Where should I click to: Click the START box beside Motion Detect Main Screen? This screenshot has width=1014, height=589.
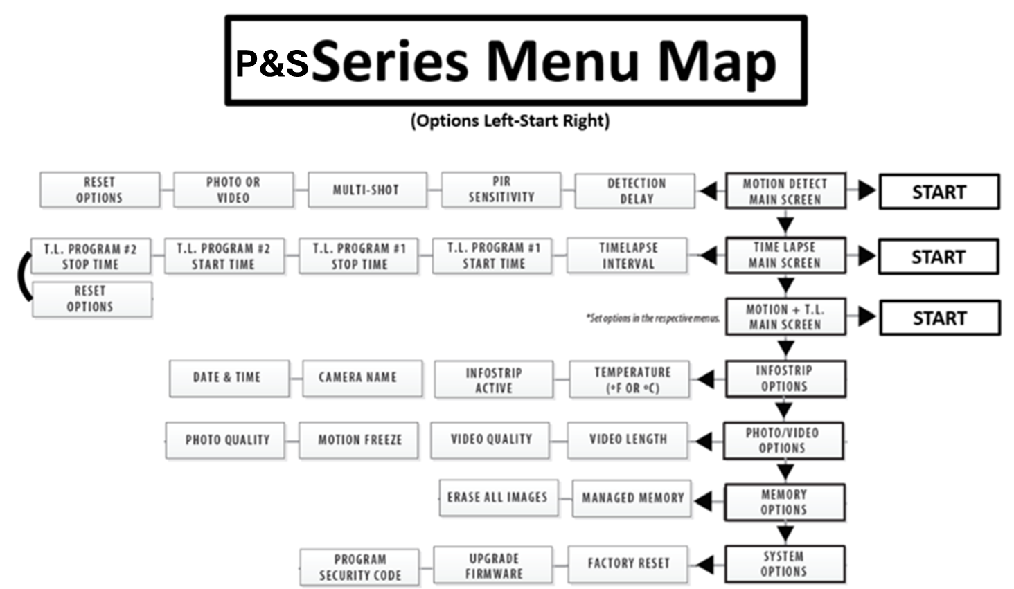[939, 192]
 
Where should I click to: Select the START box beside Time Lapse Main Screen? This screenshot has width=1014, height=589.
[939, 257]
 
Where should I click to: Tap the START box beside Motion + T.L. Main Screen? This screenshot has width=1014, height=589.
[940, 318]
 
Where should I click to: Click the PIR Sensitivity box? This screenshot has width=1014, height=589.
[501, 190]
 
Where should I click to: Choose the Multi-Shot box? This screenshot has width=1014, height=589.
[367, 190]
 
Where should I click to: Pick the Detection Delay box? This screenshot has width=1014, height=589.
[634, 191]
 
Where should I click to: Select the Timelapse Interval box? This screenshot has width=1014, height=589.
[627, 255]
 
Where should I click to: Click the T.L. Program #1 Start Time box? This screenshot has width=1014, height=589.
[492, 256]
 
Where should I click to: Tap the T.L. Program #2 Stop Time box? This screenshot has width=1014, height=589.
[91, 256]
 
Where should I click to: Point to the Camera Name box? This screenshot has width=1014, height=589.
[362, 378]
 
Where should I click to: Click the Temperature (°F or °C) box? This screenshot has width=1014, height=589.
[629, 379]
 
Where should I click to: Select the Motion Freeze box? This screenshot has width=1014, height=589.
[359, 440]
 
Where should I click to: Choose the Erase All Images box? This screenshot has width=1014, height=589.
[499, 498]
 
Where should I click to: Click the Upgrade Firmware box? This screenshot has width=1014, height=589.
[493, 565]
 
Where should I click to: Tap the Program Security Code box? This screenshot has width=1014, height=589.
[359, 568]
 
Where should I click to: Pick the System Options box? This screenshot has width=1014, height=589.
[785, 564]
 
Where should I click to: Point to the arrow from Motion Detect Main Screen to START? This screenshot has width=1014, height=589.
[862, 190]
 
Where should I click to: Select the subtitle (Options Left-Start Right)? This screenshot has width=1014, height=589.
[510, 121]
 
